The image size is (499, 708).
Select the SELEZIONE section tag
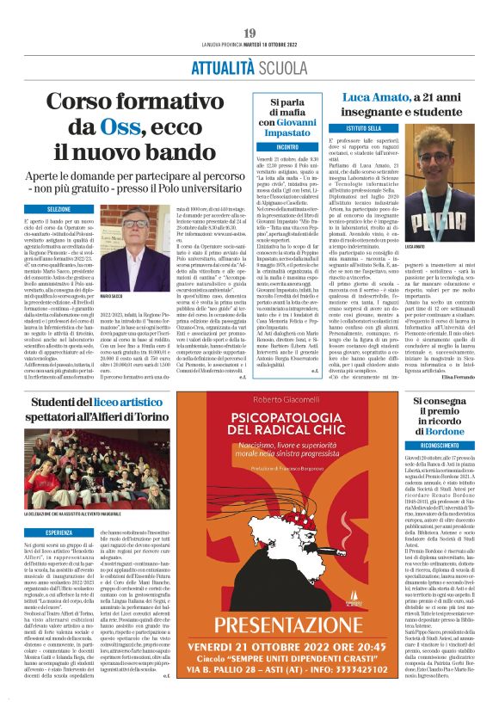59,209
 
